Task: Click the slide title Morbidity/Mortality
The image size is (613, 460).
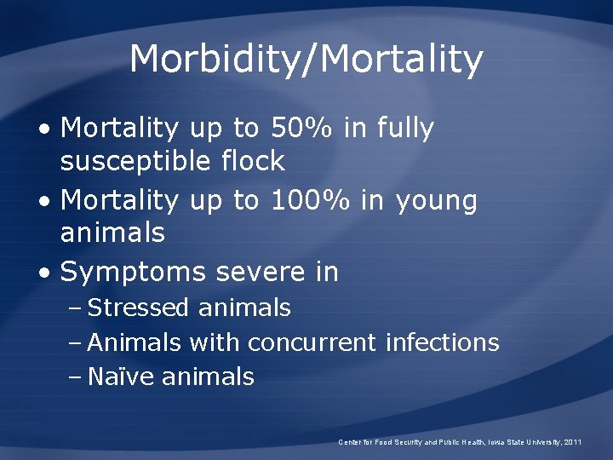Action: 306,60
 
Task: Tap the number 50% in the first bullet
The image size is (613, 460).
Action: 302,129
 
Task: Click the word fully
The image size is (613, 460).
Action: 404,129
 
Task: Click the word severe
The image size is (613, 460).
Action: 256,273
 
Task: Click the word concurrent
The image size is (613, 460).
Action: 312,342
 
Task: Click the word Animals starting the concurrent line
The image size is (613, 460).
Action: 135,342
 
